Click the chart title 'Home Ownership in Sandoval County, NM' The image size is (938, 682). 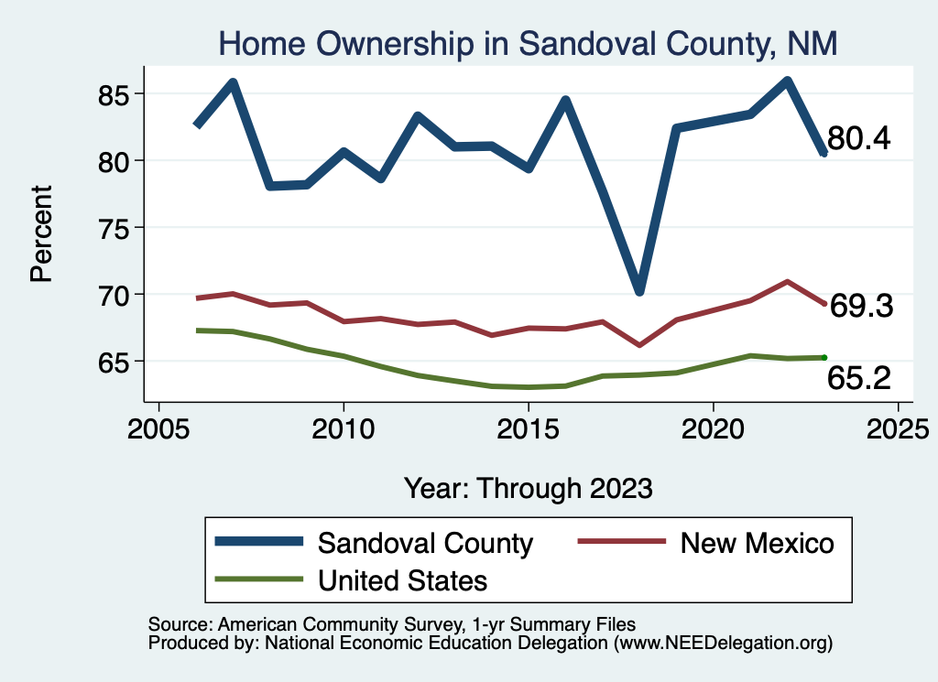pos(528,43)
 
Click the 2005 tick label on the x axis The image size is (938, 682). pos(158,429)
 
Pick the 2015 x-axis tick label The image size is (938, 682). pos(528,429)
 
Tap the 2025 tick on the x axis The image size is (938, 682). pos(898,429)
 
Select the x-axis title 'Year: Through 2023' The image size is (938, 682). pos(529,487)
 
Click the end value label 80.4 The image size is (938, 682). pos(858,139)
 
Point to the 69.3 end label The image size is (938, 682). pos(861,307)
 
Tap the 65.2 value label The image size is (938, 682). pos(859,377)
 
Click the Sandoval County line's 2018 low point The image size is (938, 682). pos(639,291)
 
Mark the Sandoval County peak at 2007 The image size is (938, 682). pos(234,82)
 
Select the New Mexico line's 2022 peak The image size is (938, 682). pos(787,281)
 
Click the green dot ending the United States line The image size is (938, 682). pos(824,357)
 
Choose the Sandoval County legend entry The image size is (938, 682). pos(424,543)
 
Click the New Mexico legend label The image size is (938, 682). pos(757,543)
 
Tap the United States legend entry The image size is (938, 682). pos(402,579)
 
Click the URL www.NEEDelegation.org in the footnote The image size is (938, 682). pos(725,643)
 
